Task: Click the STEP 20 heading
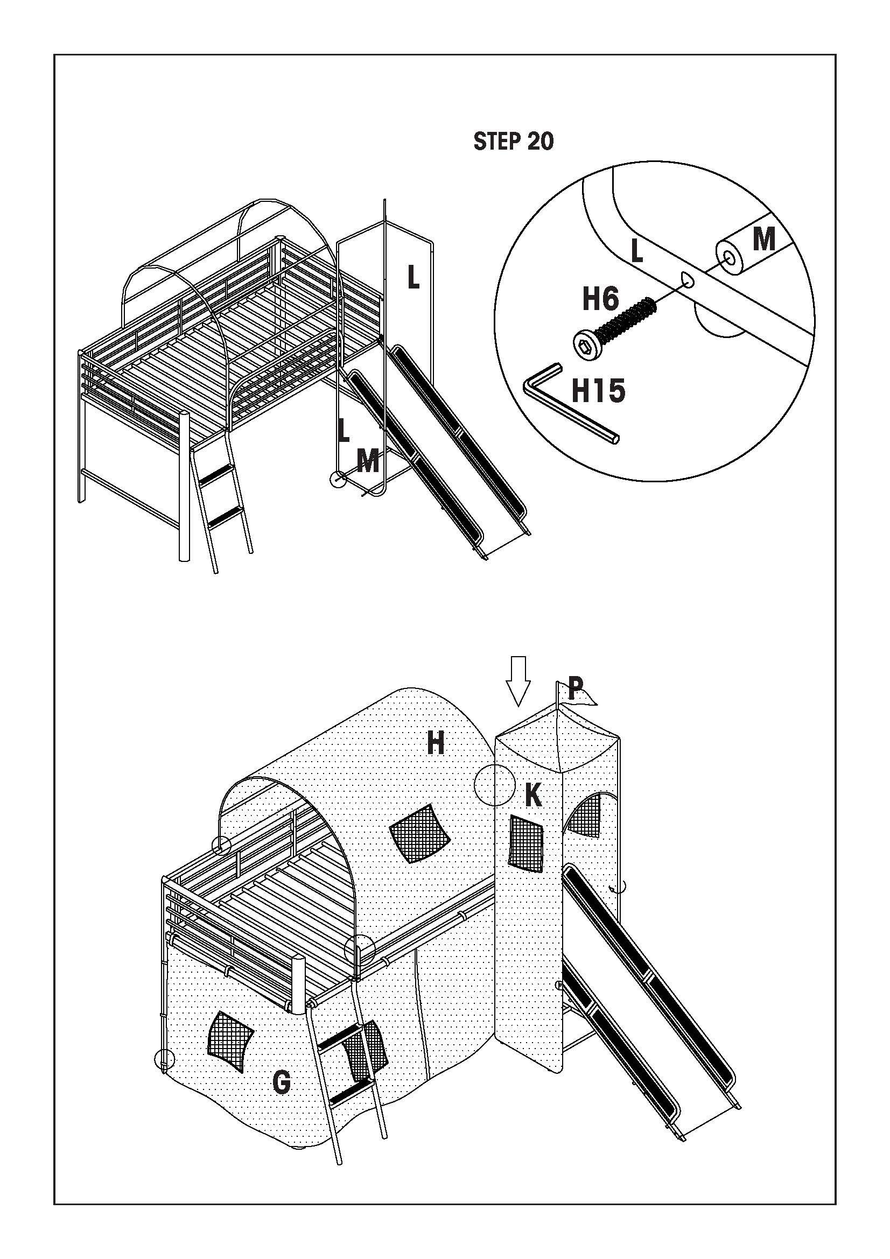point(513,142)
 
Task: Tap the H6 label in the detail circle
point(600,299)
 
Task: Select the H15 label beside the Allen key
point(598,391)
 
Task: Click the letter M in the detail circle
point(763,239)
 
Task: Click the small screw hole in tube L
point(687,280)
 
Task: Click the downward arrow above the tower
point(517,680)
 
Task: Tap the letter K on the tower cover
point(532,795)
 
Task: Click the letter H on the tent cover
point(436,744)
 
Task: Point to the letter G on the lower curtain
point(281,1082)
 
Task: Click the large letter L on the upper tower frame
point(414,276)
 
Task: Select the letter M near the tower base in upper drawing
point(367,461)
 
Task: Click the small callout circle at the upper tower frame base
point(338,479)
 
